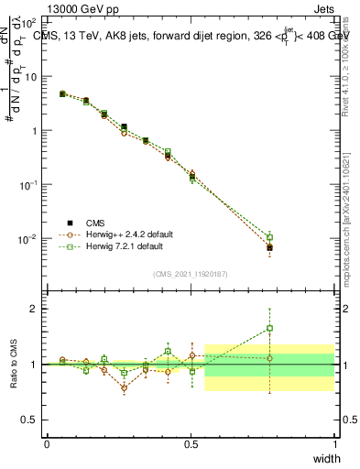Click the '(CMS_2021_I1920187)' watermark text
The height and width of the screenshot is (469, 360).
(x=191, y=273)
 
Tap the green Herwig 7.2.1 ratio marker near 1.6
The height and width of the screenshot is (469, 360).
(x=269, y=328)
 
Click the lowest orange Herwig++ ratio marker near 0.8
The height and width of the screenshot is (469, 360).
(x=124, y=387)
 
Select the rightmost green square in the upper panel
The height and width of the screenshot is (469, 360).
(x=269, y=236)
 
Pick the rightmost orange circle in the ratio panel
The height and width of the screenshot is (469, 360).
(x=269, y=358)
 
